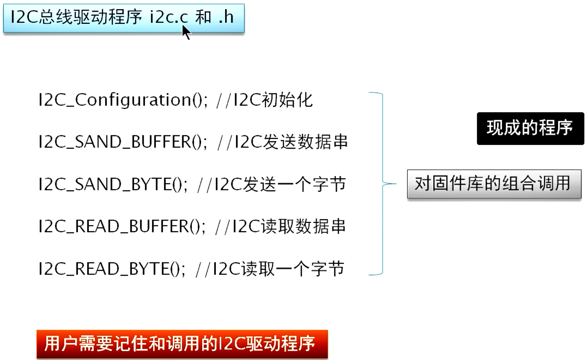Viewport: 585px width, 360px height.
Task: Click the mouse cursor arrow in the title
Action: (186, 32)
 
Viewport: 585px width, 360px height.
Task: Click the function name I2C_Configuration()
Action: (123, 100)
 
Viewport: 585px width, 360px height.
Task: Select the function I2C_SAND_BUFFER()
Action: (123, 142)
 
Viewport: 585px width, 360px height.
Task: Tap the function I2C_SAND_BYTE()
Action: (113, 184)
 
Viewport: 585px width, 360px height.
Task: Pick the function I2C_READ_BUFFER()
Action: (122, 226)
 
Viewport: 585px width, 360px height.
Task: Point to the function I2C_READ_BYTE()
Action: (112, 269)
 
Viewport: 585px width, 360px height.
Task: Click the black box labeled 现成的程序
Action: (531, 129)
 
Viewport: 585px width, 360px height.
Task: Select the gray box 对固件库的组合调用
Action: (494, 184)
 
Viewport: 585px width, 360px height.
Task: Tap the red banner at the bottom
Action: (182, 344)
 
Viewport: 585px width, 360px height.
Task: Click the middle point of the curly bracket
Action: (383, 184)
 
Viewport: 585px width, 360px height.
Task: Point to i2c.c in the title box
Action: (169, 17)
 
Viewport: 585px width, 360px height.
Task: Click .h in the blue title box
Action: (226, 17)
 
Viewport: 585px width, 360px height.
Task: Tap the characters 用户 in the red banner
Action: (61, 344)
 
